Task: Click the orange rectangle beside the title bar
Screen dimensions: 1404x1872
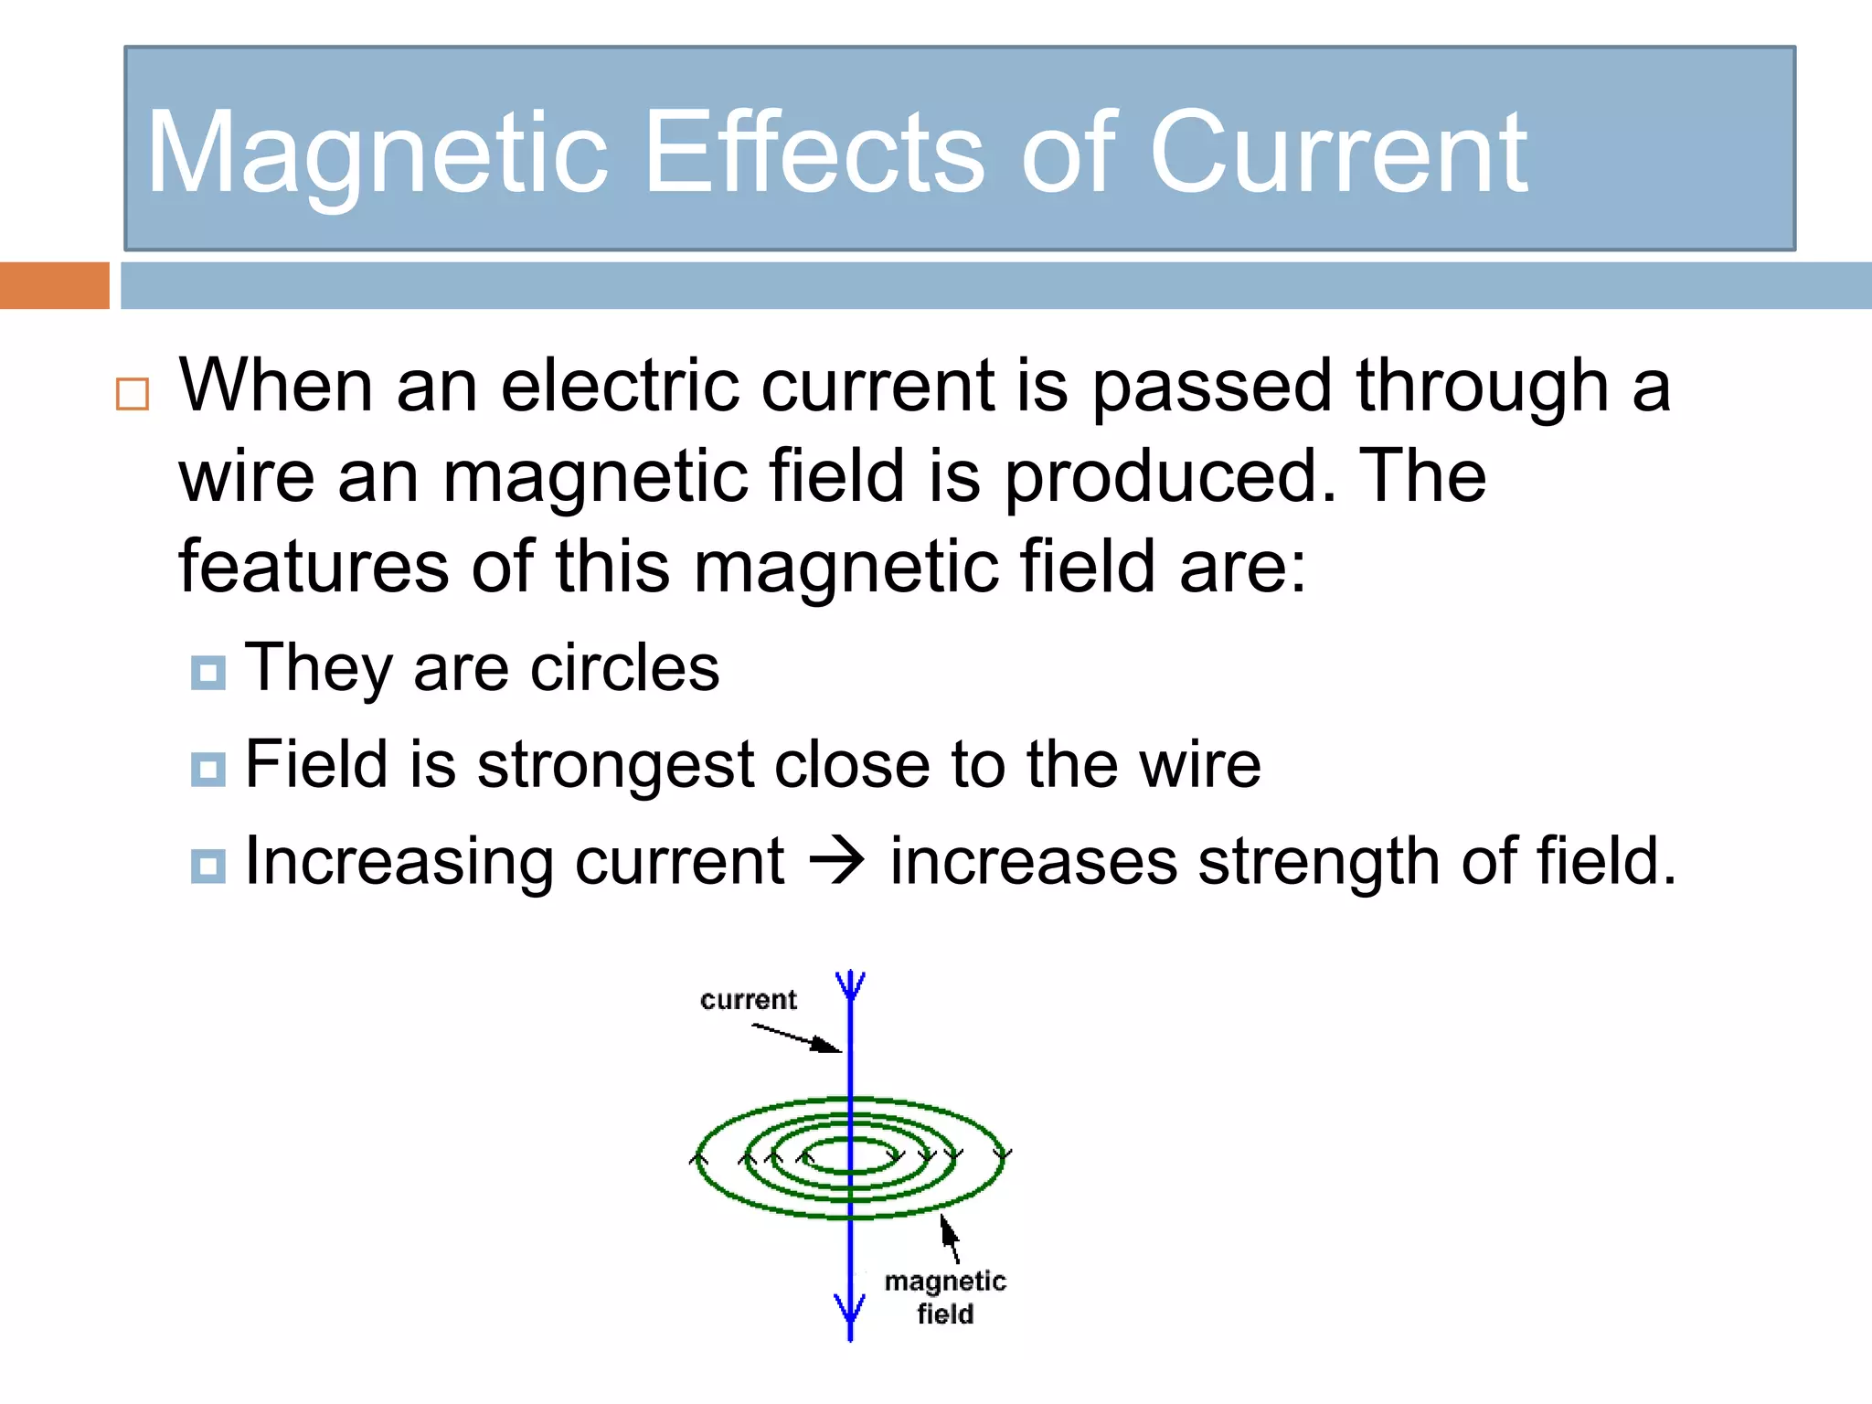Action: (54, 285)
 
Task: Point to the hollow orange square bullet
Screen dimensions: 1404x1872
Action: (133, 395)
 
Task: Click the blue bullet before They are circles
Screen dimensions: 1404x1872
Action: (208, 673)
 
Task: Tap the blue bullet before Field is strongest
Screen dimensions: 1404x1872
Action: (208, 769)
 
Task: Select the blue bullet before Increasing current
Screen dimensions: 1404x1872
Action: (208, 866)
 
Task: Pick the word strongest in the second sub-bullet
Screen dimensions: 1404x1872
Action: (615, 766)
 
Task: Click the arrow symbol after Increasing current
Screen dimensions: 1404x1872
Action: (836, 861)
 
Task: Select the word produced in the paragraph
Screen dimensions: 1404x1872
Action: (1170, 477)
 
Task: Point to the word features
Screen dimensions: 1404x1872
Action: (313, 567)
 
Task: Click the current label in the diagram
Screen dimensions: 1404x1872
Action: (748, 1000)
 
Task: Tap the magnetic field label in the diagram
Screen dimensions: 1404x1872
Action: (945, 1297)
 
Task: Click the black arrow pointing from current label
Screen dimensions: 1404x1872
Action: (796, 1037)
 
